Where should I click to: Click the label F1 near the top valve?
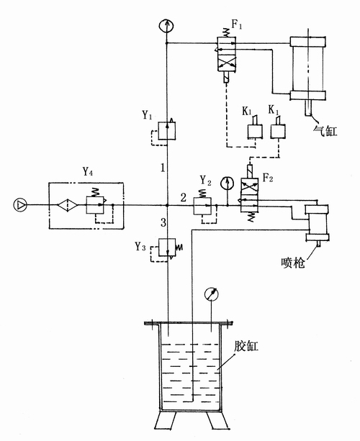237,24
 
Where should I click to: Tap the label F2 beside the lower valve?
268,178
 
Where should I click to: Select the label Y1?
147,115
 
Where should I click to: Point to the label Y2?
205,181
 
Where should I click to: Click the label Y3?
140,247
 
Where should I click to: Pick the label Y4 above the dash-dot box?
88,171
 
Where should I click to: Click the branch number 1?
163,168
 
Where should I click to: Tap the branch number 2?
183,197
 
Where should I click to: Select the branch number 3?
163,223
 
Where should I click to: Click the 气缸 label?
325,131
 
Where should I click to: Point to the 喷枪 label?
293,263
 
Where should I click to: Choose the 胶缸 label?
246,346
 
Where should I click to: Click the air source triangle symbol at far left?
20,205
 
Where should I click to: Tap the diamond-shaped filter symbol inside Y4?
68,205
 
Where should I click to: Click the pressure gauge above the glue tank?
212,294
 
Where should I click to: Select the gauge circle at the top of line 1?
166,26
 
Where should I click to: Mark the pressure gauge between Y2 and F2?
228,183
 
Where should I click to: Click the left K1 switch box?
255,132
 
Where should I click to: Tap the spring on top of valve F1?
226,32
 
